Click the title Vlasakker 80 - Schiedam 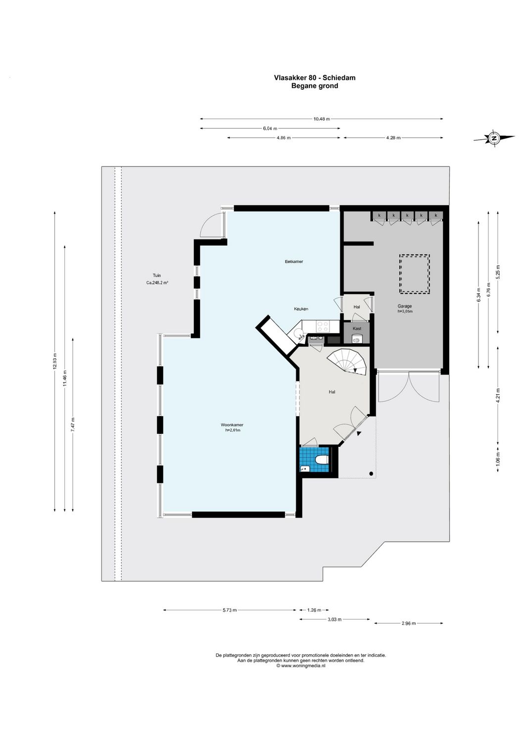tap(314, 78)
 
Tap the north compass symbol tap(493, 139)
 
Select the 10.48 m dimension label tap(321, 119)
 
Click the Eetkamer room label tap(293, 262)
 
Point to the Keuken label tap(301, 309)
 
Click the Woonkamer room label tap(232, 425)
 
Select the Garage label tap(404, 307)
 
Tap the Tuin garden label tap(156, 276)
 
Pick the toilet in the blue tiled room tap(322, 460)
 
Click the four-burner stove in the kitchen tap(323, 326)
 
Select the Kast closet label tap(357, 328)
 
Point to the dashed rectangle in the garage tap(414, 274)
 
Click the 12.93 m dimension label tap(55, 361)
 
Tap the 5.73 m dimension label tap(230, 610)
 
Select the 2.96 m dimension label tap(408, 623)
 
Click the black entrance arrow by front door tap(359, 433)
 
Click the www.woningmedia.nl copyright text tap(300, 666)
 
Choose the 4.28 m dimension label tap(393, 138)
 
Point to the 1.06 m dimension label tap(498, 458)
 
